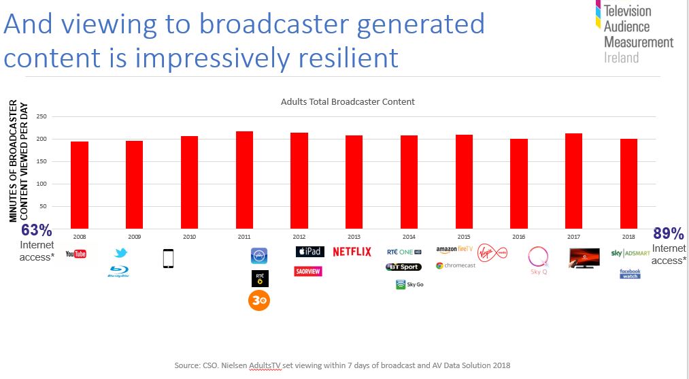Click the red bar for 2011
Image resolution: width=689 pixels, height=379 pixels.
(244, 180)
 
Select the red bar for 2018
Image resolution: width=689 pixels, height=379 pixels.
(628, 184)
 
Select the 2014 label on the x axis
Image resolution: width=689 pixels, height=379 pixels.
(409, 237)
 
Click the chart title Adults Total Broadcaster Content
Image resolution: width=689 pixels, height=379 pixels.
(348, 102)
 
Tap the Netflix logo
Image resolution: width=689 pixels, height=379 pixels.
(352, 252)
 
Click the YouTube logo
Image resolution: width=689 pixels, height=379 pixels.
(75, 254)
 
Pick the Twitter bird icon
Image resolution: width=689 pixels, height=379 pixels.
(120, 254)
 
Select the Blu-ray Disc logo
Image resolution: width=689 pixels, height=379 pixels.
(119, 272)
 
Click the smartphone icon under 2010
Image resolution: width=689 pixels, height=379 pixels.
(169, 259)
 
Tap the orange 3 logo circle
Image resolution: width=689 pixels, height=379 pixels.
(259, 300)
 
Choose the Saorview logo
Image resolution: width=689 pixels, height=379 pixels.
(308, 271)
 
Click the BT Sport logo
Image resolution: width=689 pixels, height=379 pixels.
(403, 267)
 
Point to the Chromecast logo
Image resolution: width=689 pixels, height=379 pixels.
(456, 265)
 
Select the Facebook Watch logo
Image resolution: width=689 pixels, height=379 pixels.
(630, 274)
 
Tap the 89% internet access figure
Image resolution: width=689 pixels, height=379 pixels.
(668, 234)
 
